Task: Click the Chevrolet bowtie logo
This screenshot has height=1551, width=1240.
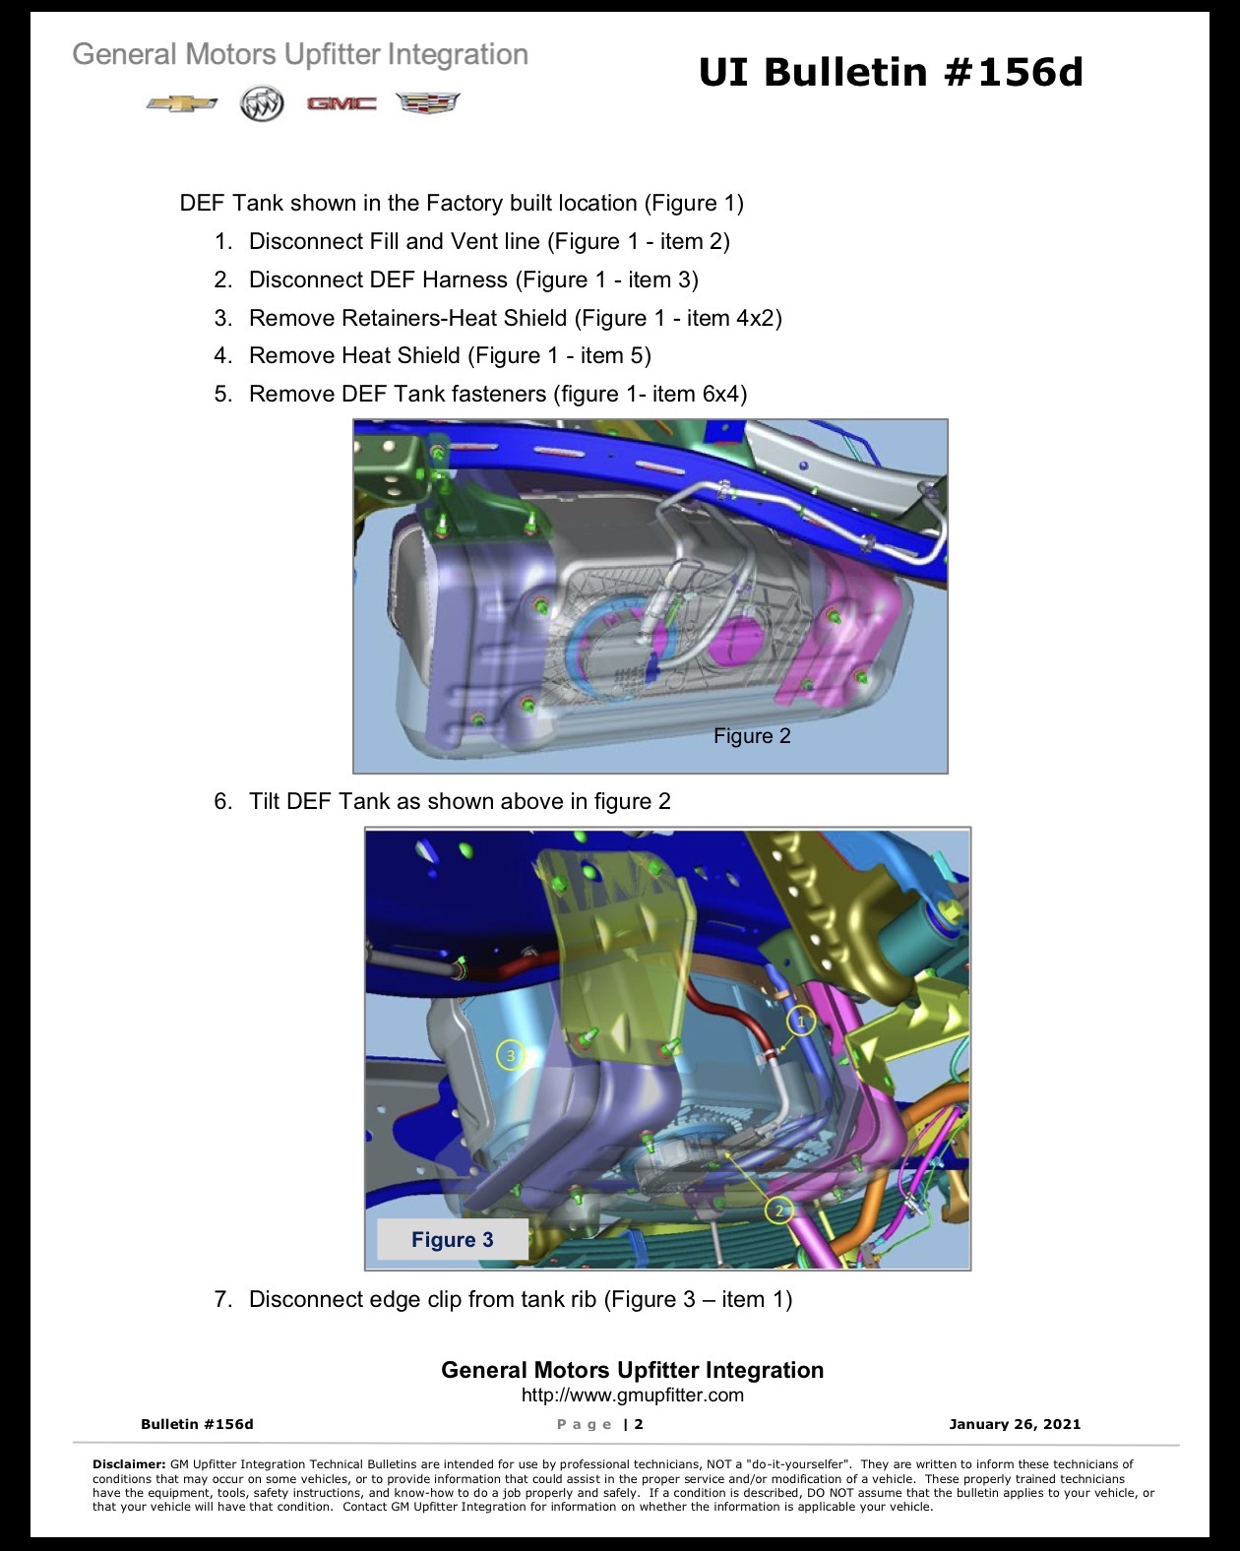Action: [x=182, y=103]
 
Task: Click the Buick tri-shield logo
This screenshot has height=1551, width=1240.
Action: [x=262, y=103]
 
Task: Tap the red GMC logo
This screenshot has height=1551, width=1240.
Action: [x=341, y=103]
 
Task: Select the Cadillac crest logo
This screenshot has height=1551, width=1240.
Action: [x=427, y=103]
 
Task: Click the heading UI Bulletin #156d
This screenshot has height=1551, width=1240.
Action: [x=891, y=72]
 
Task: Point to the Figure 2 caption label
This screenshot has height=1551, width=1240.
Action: [x=752, y=736]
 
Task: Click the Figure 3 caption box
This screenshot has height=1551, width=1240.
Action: [x=452, y=1239]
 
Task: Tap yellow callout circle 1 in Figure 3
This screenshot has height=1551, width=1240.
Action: [x=800, y=1021]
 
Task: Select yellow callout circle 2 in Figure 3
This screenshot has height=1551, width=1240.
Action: [x=778, y=1211]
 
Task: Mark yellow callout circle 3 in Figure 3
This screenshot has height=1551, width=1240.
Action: [x=511, y=1056]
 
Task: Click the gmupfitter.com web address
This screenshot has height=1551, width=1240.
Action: [x=632, y=1395]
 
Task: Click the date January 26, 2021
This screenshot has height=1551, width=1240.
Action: [x=1015, y=1423]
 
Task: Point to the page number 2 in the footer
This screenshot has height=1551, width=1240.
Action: [x=639, y=1423]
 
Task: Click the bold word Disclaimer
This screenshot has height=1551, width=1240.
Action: [x=129, y=1463]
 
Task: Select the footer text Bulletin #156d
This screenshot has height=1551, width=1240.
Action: [x=197, y=1423]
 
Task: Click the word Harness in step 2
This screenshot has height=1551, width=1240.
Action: [x=465, y=279]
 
